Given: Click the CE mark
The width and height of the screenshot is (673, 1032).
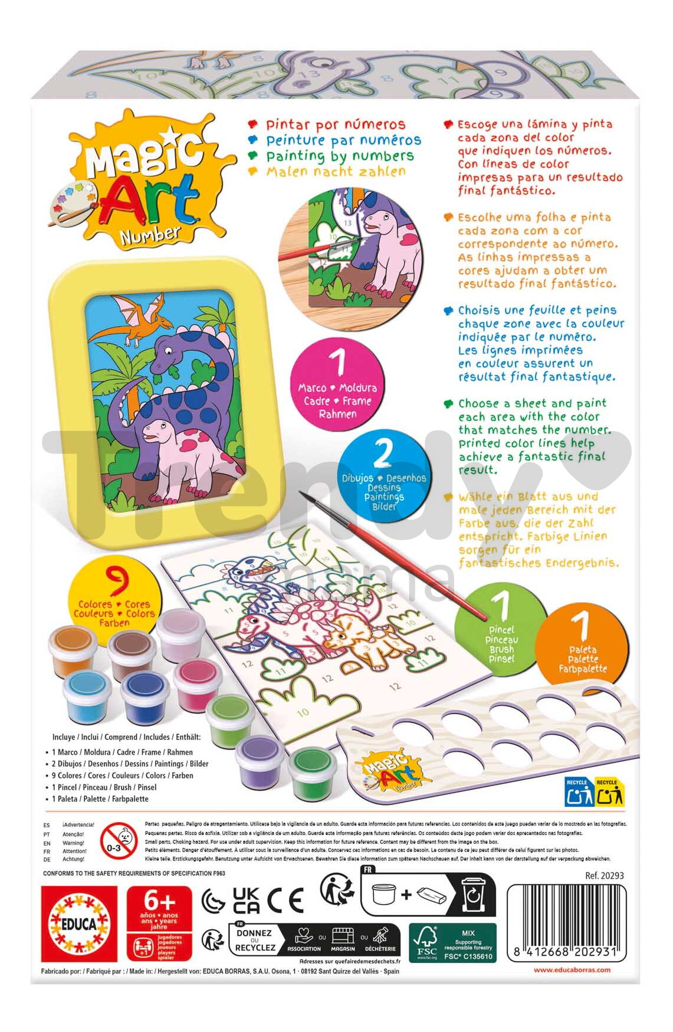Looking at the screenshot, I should [x=285, y=900].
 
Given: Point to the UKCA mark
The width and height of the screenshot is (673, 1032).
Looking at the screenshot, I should [x=246, y=900].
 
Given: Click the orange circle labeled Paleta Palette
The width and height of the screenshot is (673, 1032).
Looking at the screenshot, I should [x=583, y=644].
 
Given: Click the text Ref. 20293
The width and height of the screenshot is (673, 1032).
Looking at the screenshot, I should [x=604, y=876].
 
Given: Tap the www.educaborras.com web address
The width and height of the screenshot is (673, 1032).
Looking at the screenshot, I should [x=572, y=969].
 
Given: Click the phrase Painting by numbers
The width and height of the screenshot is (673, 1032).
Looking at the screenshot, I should [x=339, y=156].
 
